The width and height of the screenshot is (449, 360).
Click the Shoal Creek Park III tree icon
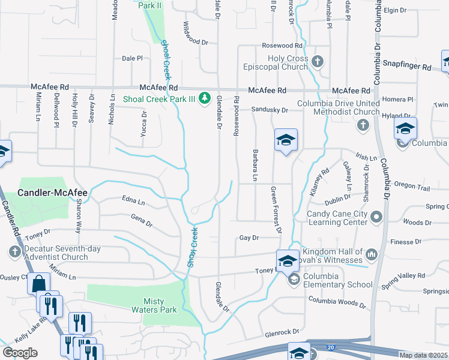[205, 97]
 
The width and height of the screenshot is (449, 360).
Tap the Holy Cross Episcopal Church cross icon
[318, 61]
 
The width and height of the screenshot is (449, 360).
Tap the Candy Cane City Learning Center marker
[376, 216]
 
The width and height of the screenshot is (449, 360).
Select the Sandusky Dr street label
[270, 110]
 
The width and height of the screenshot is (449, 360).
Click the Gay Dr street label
[249, 238]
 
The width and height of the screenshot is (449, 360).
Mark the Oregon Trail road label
[412, 188]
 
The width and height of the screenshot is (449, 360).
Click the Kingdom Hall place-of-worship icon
[371, 255]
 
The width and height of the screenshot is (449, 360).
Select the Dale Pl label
[132, 58]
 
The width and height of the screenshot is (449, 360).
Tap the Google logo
[20, 353]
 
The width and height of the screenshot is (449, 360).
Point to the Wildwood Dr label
[195, 43]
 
